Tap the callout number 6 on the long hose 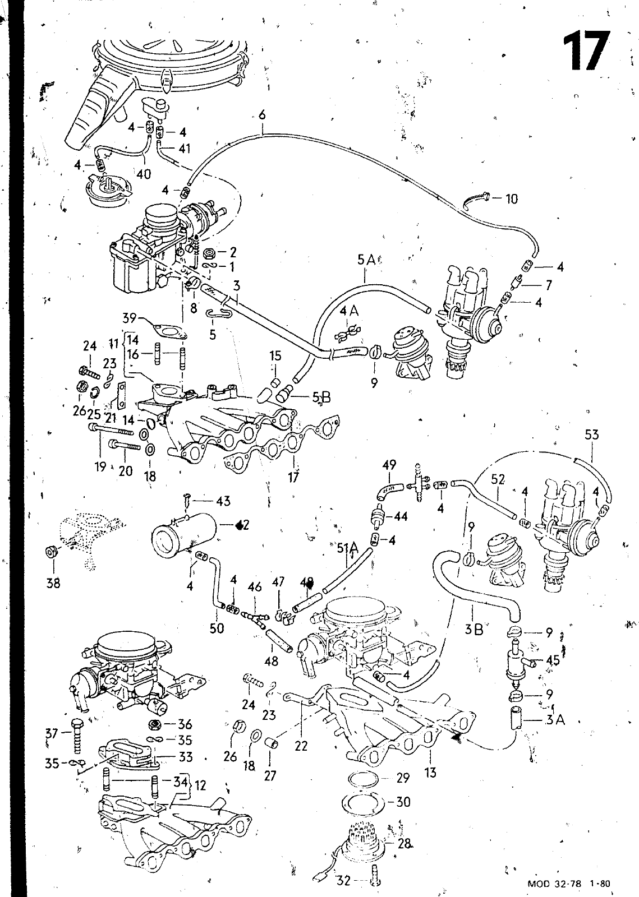(261, 115)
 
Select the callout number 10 (511, 198)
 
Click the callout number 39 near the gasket (130, 318)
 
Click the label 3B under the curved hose (474, 629)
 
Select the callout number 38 (53, 583)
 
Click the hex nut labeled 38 (51, 552)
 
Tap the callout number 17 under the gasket (293, 478)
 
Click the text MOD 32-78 (555, 884)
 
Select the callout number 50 (217, 628)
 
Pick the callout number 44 (401, 516)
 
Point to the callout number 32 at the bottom (343, 881)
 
